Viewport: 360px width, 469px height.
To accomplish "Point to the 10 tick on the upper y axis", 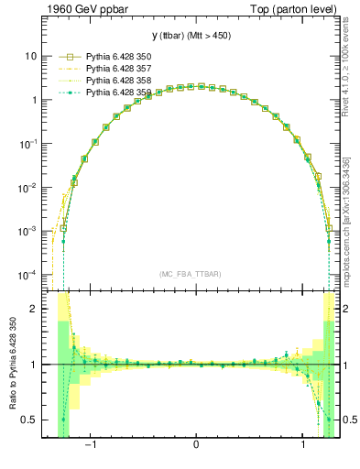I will [x=29, y=56].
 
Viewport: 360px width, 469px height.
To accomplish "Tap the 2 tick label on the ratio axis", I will [x=33, y=310].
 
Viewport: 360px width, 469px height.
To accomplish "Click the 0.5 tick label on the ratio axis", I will [x=29, y=420].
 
